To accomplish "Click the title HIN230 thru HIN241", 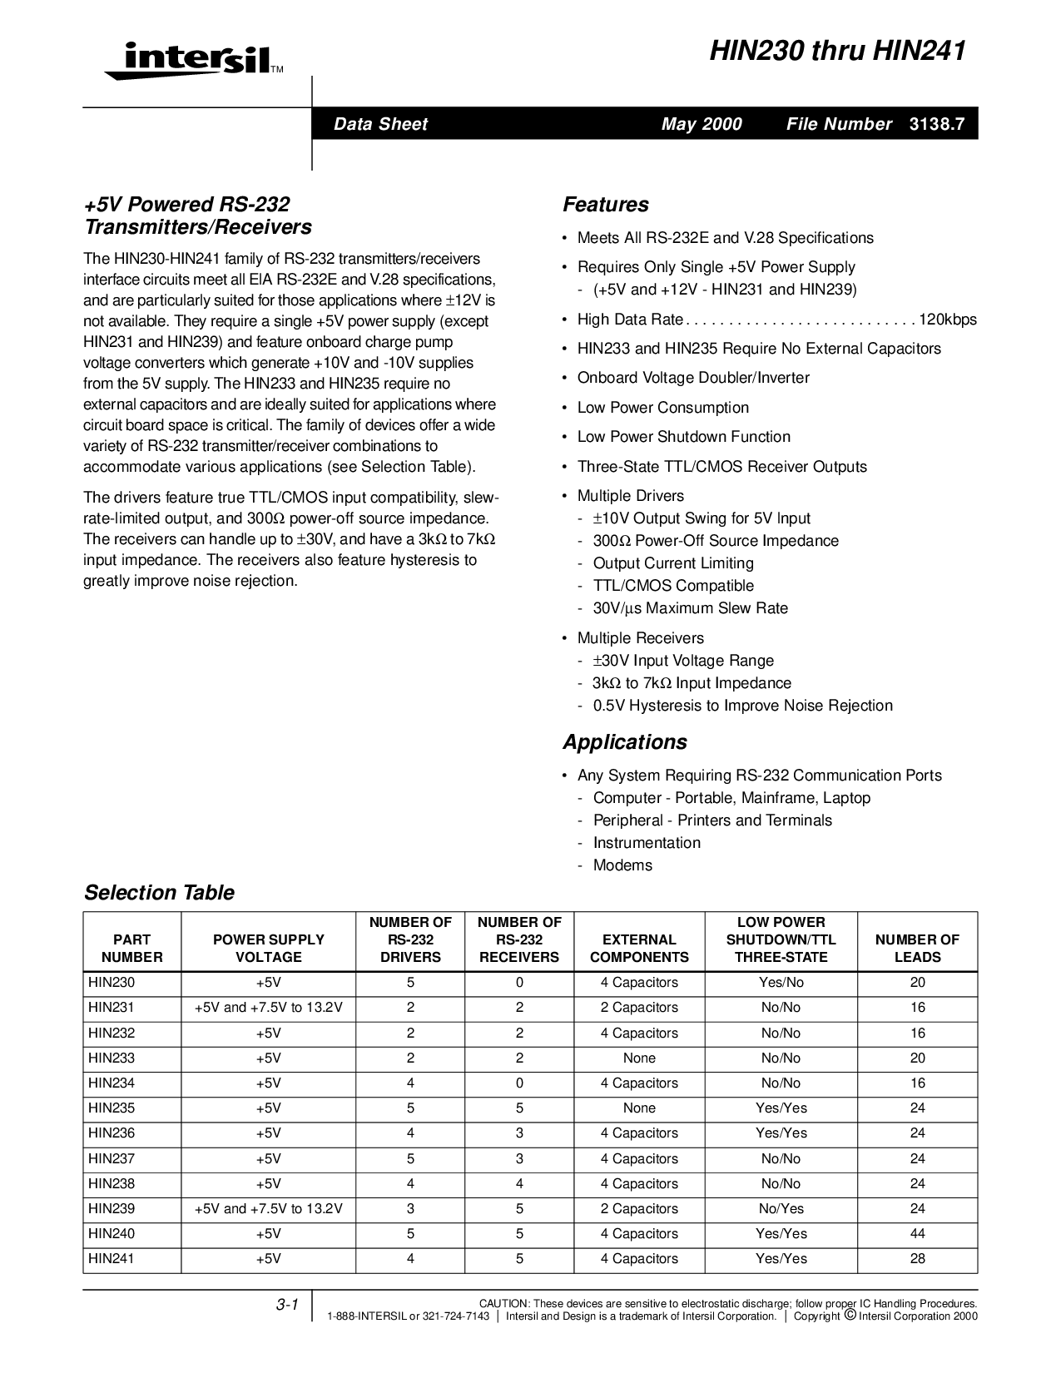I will pyautogui.click(x=837, y=52).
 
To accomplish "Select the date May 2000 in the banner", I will pyautogui.click(x=701, y=124).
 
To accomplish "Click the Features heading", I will pyautogui.click(x=605, y=205).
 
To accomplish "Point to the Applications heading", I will pyautogui.click(x=624, y=742).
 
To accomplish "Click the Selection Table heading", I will pyautogui.click(x=159, y=893).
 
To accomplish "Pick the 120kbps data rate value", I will pyautogui.click(x=948, y=320).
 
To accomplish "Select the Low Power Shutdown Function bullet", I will pyautogui.click(x=683, y=437).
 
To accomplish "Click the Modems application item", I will pyautogui.click(x=622, y=865).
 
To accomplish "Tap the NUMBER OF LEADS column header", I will pyautogui.click(x=917, y=949).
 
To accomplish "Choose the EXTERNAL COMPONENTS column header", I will pyautogui.click(x=639, y=949).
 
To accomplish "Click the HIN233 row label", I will pyautogui.click(x=112, y=1058).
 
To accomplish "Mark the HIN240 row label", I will pyautogui.click(x=112, y=1234).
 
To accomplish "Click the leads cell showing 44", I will pyautogui.click(x=917, y=1234).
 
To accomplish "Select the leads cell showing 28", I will pyautogui.click(x=917, y=1259).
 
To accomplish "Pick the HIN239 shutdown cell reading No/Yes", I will pyautogui.click(x=781, y=1209).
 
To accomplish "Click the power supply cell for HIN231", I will pyautogui.click(x=268, y=1008).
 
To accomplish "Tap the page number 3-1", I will pyautogui.click(x=287, y=1306).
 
